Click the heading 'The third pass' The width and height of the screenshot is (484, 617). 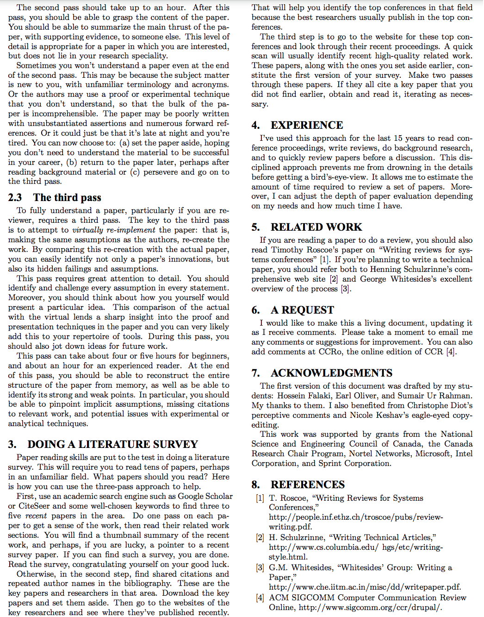pos(67,198)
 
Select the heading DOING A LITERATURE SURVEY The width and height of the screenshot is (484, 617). pos(112,445)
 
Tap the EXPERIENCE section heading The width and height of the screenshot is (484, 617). pos(307,126)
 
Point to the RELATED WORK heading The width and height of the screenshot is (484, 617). pos(316,227)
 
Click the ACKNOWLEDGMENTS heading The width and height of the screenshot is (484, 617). pos(331,373)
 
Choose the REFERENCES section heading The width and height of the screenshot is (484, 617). pos(308,485)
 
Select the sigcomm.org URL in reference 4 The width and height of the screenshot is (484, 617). pos(370,608)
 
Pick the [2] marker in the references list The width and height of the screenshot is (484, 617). pos(260,538)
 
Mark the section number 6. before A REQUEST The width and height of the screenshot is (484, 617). pos(255,310)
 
